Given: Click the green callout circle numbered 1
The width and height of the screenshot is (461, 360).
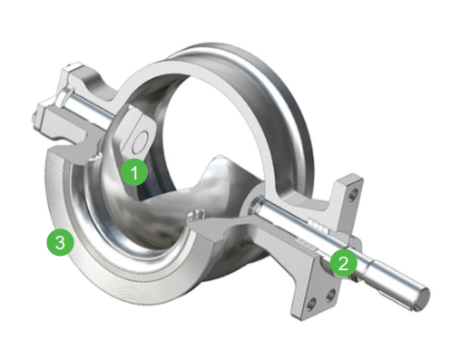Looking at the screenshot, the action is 134,172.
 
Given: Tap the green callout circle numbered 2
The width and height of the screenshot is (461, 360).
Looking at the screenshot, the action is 344,263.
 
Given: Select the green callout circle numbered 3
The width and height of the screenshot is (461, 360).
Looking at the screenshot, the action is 60,242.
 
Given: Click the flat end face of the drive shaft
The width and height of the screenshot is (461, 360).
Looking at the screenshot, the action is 422,299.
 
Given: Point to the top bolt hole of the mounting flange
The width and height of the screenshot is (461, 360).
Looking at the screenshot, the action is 353,196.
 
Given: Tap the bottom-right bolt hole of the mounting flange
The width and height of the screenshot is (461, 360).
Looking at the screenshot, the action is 331,296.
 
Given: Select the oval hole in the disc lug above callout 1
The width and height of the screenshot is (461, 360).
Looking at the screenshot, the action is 140,141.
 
